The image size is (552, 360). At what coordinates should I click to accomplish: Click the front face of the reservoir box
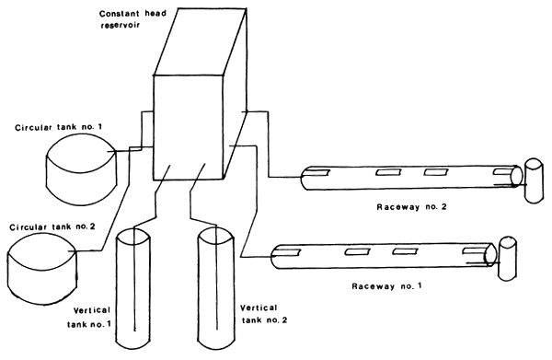(189, 129)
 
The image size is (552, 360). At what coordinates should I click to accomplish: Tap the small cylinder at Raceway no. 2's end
(533, 180)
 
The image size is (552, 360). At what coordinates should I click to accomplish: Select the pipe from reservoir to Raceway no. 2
(267, 147)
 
